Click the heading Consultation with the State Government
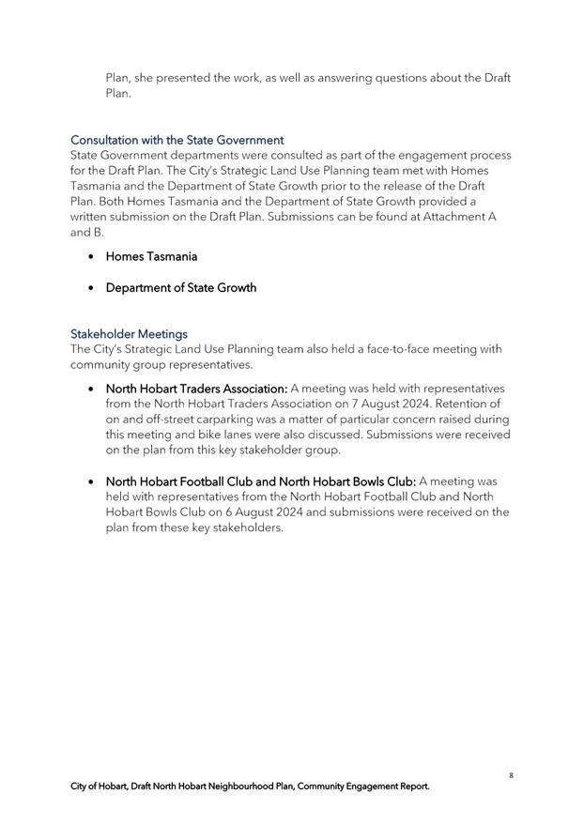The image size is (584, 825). (x=177, y=140)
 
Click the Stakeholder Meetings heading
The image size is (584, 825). (x=129, y=333)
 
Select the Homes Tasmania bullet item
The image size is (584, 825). (x=151, y=256)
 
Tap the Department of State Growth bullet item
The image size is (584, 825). (x=180, y=287)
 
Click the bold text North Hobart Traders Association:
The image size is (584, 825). (x=196, y=388)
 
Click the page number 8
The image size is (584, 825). (x=511, y=775)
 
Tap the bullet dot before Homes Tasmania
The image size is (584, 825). (x=90, y=256)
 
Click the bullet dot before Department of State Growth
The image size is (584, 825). (x=90, y=287)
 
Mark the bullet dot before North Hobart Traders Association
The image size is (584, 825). (x=90, y=388)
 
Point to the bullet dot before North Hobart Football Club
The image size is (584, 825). (x=90, y=481)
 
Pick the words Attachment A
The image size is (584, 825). (x=456, y=217)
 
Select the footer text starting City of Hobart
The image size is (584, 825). (x=250, y=787)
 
